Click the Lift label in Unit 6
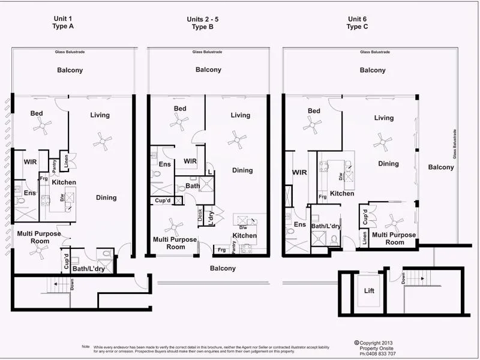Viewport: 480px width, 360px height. (x=370, y=290)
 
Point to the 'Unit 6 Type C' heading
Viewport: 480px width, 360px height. (x=358, y=23)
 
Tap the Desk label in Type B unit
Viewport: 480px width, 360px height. (x=200, y=214)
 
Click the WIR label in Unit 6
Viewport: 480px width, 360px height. (x=299, y=172)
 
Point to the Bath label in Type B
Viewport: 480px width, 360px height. (x=193, y=186)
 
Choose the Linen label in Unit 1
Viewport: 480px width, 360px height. (x=67, y=161)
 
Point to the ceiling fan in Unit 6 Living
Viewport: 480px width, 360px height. (x=380, y=143)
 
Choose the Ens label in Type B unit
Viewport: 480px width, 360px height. (x=163, y=164)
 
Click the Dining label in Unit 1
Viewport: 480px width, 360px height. (x=106, y=197)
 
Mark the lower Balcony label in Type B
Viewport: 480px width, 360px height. (x=223, y=268)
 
